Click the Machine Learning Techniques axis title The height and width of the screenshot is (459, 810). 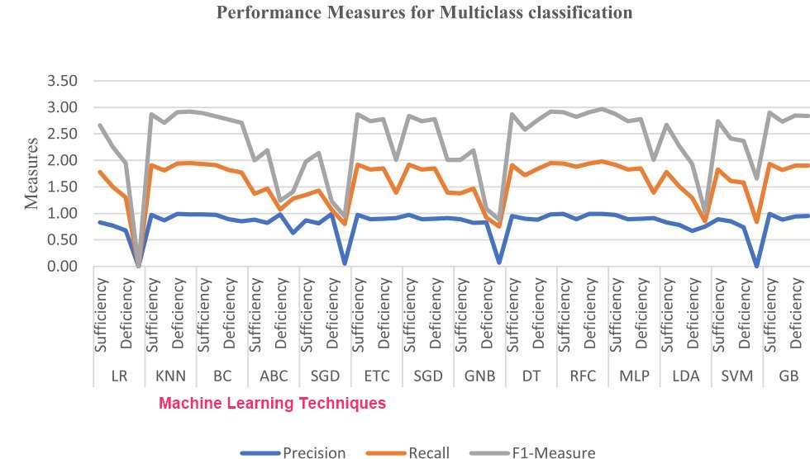pyautogui.click(x=272, y=404)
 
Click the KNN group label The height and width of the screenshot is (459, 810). pyautogui.click(x=171, y=376)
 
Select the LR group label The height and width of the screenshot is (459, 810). pyautogui.click(x=119, y=376)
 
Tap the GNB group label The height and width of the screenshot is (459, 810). pyautogui.click(x=480, y=376)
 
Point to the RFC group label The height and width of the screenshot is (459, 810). pyautogui.click(x=583, y=376)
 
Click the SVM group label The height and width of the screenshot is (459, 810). pyautogui.click(x=736, y=376)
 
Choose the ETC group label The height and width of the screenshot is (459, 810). pyautogui.click(x=377, y=376)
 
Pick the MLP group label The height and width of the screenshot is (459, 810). pyautogui.click(x=634, y=376)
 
